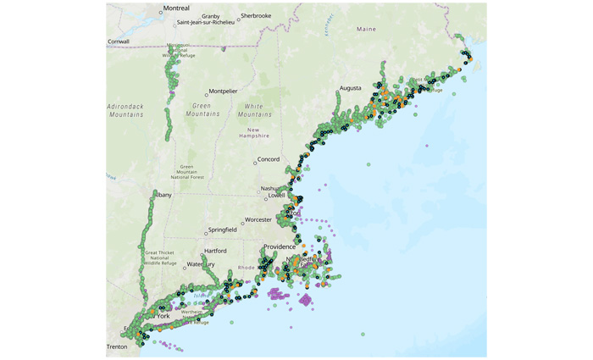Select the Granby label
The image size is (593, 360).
tap(211, 16)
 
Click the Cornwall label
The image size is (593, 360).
tap(118, 41)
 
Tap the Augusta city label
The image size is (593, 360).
tap(351, 88)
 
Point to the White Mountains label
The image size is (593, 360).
tap(254, 109)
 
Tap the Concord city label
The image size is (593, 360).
tap(269, 159)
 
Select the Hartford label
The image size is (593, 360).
tap(216, 251)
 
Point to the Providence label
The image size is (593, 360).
tap(279, 247)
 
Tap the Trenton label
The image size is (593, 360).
tap(117, 346)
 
